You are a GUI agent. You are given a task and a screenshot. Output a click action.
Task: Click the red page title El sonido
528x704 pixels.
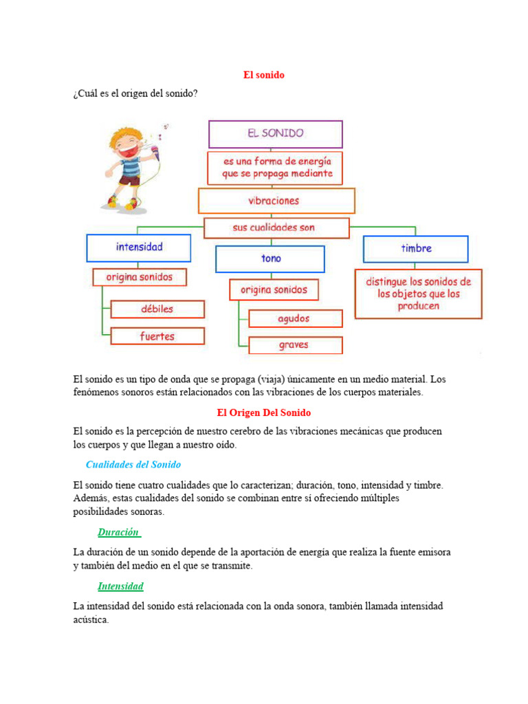(x=263, y=75)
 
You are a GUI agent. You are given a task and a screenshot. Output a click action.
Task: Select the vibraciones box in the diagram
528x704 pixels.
(x=276, y=201)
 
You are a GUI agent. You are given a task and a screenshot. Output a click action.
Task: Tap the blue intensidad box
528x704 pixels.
(x=139, y=247)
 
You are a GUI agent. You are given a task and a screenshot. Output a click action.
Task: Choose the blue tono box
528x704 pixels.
(x=269, y=259)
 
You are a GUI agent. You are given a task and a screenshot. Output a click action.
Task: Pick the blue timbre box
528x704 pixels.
(x=415, y=249)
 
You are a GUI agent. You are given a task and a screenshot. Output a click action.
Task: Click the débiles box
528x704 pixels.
(x=157, y=309)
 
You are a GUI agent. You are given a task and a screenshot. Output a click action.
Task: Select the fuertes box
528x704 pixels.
(x=157, y=336)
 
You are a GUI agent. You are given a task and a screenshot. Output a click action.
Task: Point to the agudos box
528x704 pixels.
(x=295, y=318)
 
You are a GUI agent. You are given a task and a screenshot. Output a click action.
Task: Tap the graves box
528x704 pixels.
(x=295, y=345)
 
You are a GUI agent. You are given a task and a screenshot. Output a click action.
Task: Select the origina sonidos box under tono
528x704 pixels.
(x=274, y=289)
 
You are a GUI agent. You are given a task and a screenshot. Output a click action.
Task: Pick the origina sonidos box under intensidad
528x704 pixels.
(x=140, y=277)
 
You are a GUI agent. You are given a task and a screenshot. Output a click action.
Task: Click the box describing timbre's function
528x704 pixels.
(x=418, y=294)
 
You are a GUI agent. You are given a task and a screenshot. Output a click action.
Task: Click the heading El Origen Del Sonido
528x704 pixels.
(x=263, y=412)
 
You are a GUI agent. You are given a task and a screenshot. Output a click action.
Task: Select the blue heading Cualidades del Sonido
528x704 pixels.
(x=133, y=465)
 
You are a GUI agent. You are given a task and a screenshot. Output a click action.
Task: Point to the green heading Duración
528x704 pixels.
(x=119, y=532)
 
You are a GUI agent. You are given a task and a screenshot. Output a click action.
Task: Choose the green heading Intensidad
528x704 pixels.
(x=120, y=586)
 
